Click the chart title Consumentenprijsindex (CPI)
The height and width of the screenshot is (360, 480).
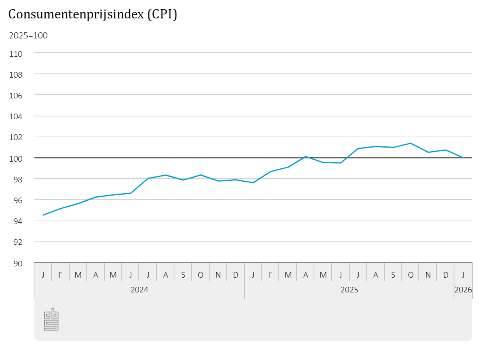(x=92, y=14)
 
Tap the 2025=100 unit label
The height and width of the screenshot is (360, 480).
(x=28, y=36)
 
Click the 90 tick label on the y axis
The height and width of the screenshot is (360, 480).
(x=18, y=263)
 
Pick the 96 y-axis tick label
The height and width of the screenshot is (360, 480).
(x=18, y=200)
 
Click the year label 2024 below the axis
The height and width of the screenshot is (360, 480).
(x=139, y=290)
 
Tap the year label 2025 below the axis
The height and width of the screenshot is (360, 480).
(x=349, y=290)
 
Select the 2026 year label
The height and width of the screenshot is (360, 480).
(x=463, y=290)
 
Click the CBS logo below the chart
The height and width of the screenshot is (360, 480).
(x=51, y=320)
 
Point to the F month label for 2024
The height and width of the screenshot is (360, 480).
(x=60, y=275)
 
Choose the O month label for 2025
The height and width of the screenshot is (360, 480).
(x=410, y=275)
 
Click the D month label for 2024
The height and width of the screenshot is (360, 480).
(x=236, y=275)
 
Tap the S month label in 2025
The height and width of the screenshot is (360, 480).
(x=393, y=275)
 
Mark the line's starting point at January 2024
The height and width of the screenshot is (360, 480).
(x=43, y=215)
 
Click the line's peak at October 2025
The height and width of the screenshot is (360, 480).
(x=410, y=143)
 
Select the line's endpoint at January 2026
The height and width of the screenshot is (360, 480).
(x=463, y=158)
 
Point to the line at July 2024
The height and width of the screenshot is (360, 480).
(x=148, y=178)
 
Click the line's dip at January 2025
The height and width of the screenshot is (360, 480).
(x=253, y=183)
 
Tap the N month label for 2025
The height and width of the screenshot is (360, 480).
(x=428, y=275)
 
